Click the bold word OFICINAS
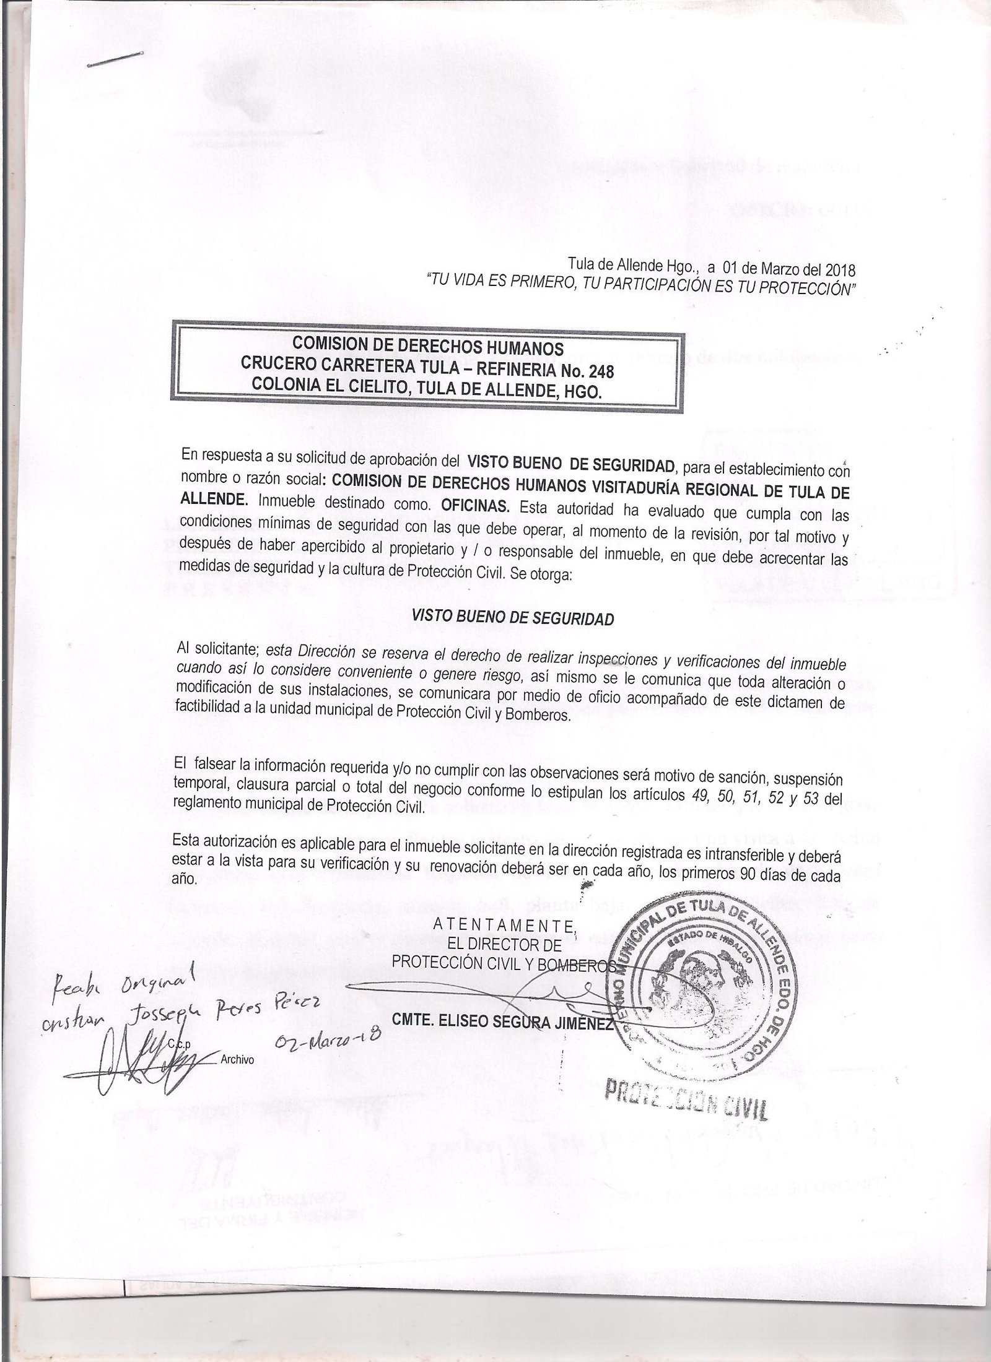(480, 506)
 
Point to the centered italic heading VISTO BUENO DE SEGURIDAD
(513, 618)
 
